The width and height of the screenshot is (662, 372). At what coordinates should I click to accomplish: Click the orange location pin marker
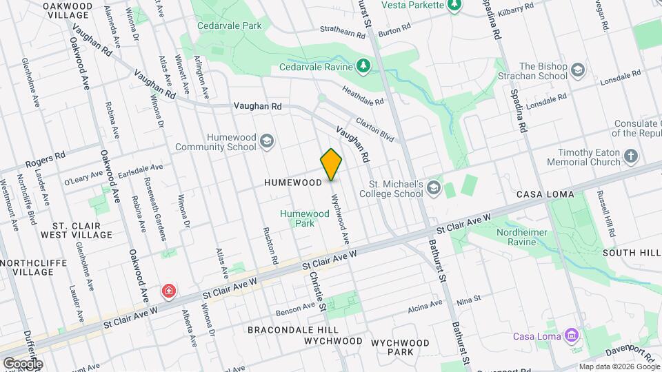click(331, 164)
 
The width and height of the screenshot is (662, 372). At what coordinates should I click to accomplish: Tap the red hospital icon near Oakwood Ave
click(168, 293)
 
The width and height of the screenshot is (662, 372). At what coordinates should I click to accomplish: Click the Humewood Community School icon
click(267, 141)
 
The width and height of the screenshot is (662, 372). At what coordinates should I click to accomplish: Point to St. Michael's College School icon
click(433, 187)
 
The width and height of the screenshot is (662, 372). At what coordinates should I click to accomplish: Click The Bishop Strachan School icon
click(577, 70)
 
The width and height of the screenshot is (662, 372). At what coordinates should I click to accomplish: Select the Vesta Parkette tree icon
click(454, 6)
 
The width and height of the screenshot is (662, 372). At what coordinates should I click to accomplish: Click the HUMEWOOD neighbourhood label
click(293, 183)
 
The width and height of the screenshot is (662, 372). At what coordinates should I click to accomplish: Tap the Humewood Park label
click(305, 218)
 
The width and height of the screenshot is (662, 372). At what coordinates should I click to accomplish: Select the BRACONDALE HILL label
click(289, 330)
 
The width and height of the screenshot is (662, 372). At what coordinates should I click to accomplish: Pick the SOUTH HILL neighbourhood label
click(631, 253)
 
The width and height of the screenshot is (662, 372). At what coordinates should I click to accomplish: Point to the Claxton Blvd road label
click(375, 129)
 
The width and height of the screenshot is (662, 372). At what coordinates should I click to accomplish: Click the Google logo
click(23, 363)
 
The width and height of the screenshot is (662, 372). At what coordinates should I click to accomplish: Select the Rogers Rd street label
click(45, 159)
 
